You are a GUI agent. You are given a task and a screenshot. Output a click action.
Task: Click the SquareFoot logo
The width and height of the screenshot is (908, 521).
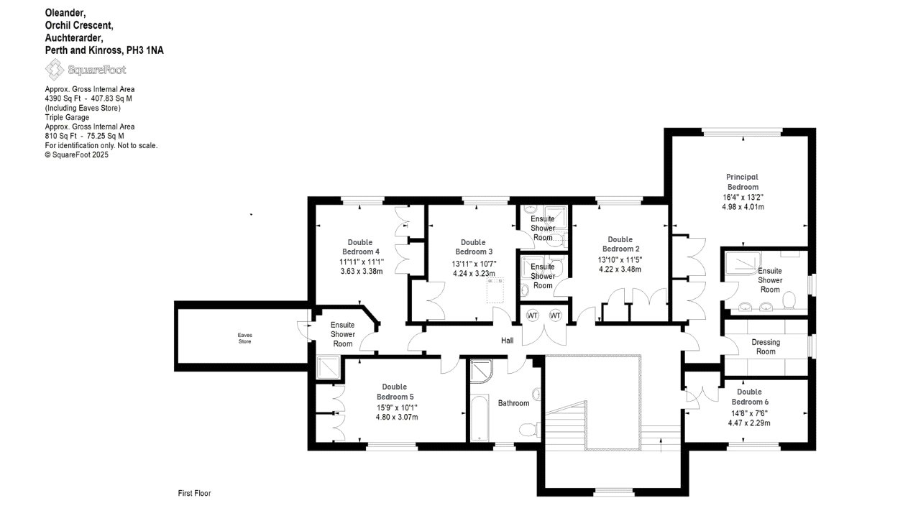[x=86, y=70]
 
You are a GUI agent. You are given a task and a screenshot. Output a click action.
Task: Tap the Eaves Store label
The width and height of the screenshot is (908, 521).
[x=244, y=338]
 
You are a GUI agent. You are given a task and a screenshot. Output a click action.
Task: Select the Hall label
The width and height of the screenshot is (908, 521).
[x=507, y=341]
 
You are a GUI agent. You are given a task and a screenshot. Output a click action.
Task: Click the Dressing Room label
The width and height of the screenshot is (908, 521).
[x=766, y=347]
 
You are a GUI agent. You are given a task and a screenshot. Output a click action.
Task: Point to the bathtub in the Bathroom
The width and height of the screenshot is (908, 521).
[x=480, y=418]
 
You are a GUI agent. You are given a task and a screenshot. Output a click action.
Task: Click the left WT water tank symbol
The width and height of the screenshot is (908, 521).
[x=532, y=315]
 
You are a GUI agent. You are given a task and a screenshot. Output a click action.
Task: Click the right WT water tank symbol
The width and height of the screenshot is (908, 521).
[x=555, y=315]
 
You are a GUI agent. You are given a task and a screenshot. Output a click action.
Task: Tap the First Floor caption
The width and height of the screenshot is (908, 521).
[x=194, y=493]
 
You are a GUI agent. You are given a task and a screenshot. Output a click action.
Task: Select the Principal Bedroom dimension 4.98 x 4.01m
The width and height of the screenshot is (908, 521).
[x=743, y=207]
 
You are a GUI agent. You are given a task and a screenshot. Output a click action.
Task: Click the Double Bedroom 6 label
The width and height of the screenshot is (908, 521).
[x=750, y=397]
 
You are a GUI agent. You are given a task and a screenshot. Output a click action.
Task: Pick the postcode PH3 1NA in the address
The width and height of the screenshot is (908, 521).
[x=145, y=50]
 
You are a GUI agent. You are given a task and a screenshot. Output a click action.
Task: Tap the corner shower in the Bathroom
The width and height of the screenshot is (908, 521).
[x=481, y=371]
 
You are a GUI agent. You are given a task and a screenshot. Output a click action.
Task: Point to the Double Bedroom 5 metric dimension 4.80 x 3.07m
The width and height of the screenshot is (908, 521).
[x=397, y=417]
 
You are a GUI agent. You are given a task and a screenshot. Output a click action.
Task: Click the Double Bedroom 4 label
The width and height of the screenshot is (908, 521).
[x=360, y=246]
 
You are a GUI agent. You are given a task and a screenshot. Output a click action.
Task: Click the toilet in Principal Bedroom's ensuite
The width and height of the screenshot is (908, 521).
[x=789, y=300]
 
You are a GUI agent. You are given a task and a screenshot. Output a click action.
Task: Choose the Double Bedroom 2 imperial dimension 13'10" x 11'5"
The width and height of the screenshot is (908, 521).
[x=620, y=259]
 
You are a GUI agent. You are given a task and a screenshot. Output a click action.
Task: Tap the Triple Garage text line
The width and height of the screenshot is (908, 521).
[x=67, y=117]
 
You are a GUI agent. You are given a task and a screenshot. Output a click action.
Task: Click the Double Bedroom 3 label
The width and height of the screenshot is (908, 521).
[x=474, y=246]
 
